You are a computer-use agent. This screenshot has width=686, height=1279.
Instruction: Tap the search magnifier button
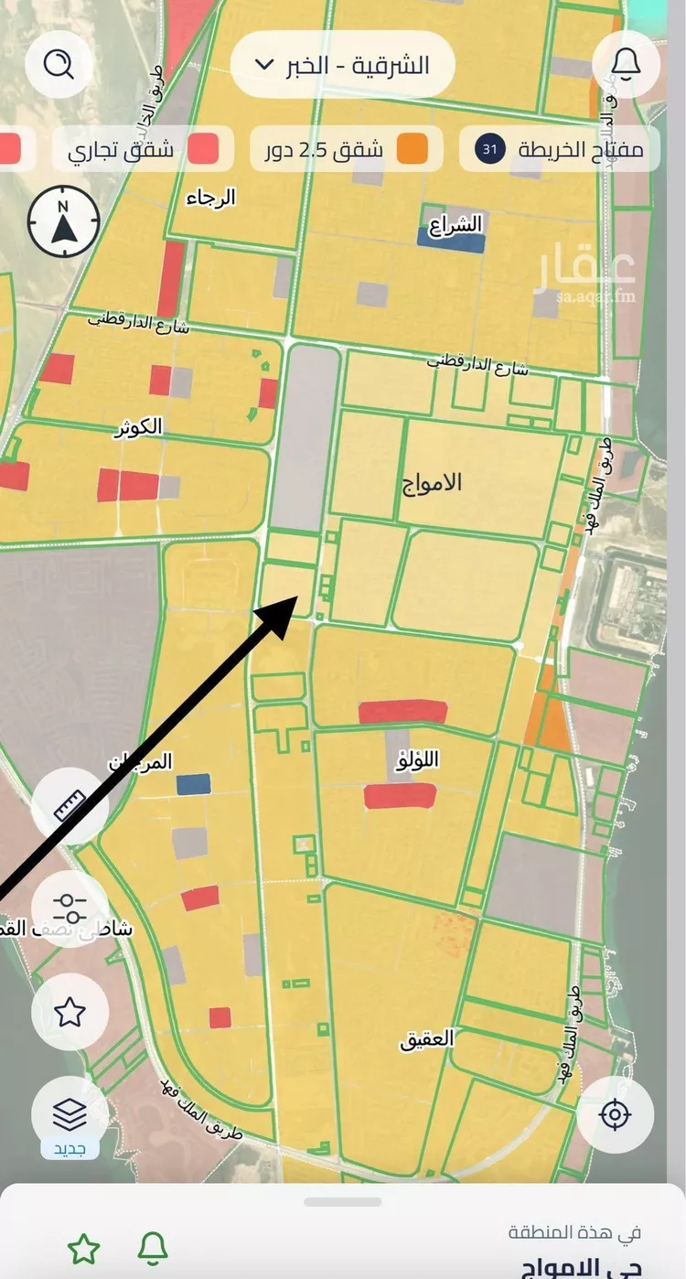[x=59, y=64]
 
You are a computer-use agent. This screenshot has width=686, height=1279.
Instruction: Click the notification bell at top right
[x=626, y=64]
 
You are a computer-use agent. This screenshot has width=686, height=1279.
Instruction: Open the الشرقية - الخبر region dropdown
[x=342, y=64]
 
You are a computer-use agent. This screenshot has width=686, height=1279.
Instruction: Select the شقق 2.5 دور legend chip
[x=346, y=149]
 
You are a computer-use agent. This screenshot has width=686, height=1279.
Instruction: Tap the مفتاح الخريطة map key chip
[x=558, y=149]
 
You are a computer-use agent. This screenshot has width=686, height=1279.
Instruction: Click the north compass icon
[x=63, y=222]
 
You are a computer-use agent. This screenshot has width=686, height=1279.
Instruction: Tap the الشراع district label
[x=460, y=223]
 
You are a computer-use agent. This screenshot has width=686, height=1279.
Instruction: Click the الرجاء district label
[x=211, y=198]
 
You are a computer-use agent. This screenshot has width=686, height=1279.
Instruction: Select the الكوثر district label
[x=140, y=427]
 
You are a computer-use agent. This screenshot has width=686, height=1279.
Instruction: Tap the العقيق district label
[x=426, y=1040]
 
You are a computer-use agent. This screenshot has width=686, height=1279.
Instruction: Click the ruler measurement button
[x=70, y=806]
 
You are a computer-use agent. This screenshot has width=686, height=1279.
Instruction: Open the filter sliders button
[x=70, y=908]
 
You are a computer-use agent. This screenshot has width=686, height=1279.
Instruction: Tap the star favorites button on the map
[x=70, y=1012]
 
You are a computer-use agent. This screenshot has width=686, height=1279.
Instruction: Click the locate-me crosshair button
[x=615, y=1115]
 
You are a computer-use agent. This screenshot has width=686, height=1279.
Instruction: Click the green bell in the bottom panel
[x=153, y=1248]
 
